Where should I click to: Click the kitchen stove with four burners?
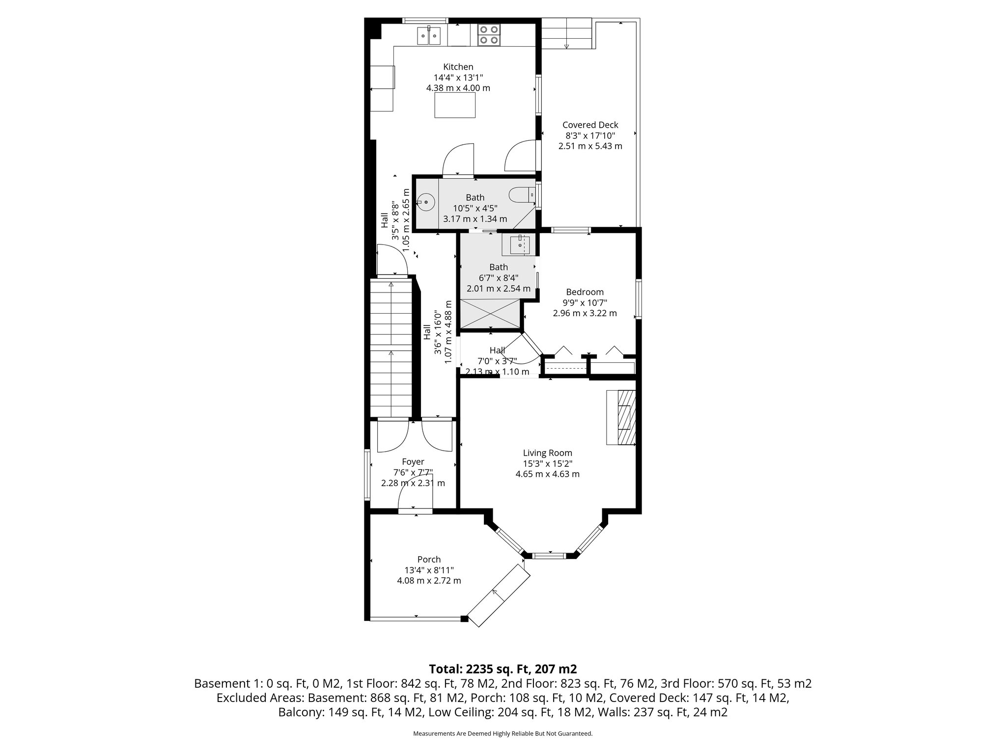(489, 35)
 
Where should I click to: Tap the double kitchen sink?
(86, 35)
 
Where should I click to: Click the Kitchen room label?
(458, 67)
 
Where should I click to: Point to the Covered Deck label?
(590, 125)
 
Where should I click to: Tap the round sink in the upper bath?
(426, 202)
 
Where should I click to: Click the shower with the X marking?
(489, 313)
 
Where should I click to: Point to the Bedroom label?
(585, 292)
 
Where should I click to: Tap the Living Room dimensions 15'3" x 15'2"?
(547, 463)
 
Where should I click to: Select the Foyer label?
(413, 461)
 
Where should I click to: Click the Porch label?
(429, 559)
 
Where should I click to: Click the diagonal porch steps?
(499, 594)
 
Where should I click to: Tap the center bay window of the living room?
(549, 556)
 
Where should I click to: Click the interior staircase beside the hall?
(391, 349)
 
